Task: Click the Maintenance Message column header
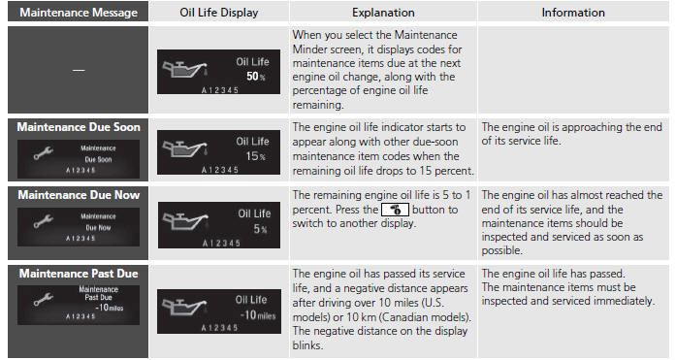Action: tap(79, 13)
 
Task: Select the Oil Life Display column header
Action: tap(218, 13)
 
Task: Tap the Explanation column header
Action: tap(383, 13)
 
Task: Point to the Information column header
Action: tap(573, 13)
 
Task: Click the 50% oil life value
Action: tap(256, 77)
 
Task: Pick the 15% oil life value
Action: tap(255, 156)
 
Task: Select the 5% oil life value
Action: tap(260, 229)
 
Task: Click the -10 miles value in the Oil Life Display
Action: tap(257, 315)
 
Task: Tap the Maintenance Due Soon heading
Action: tap(79, 127)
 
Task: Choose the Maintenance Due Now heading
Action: tap(79, 195)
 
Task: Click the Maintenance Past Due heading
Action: tap(79, 274)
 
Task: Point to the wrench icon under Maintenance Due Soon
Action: tap(43, 152)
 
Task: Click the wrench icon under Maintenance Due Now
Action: tap(43, 220)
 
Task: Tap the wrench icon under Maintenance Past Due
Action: tap(43, 299)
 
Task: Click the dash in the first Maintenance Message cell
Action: tap(79, 70)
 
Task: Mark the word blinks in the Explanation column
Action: tap(307, 345)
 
